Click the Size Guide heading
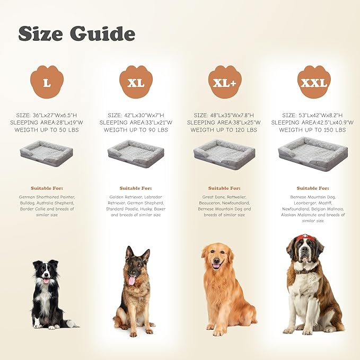(76, 33)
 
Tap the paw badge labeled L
(47, 83)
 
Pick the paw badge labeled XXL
(314, 83)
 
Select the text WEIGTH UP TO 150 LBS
(313, 130)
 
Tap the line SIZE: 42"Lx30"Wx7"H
(136, 115)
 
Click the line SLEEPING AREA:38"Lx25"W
(224, 122)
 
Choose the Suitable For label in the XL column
(136, 188)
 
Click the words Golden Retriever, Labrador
(136, 196)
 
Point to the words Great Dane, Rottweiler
(224, 196)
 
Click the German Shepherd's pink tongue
(131, 280)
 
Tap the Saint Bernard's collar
(304, 271)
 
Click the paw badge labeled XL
(136, 83)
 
